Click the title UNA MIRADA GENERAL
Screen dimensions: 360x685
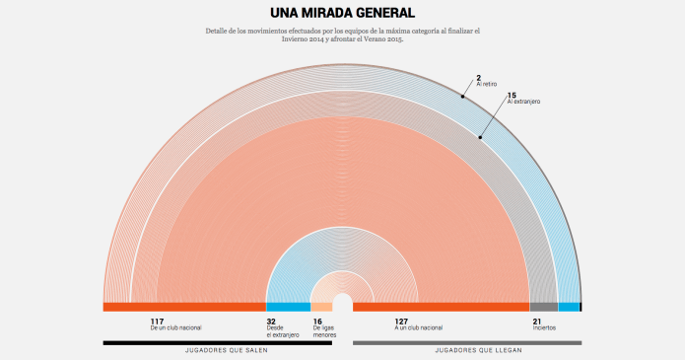tap(342, 13)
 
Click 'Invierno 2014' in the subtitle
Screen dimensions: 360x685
tap(303, 39)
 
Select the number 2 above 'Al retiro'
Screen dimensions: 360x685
tap(478, 77)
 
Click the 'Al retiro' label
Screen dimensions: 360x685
tap(487, 84)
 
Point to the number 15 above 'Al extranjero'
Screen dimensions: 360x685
tap(511, 95)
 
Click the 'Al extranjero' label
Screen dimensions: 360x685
tap(523, 102)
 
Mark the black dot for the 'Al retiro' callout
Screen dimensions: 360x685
tap(461, 97)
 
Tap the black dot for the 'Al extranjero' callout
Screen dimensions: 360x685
tap(481, 137)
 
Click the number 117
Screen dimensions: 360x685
tap(157, 322)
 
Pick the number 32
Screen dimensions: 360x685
tap(271, 322)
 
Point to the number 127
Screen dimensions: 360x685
tap(401, 322)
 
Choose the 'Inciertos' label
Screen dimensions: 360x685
tap(544, 328)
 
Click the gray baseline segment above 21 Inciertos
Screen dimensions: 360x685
tap(543, 307)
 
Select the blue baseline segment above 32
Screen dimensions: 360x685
tap(288, 307)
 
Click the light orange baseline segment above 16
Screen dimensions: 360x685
tap(321, 307)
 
